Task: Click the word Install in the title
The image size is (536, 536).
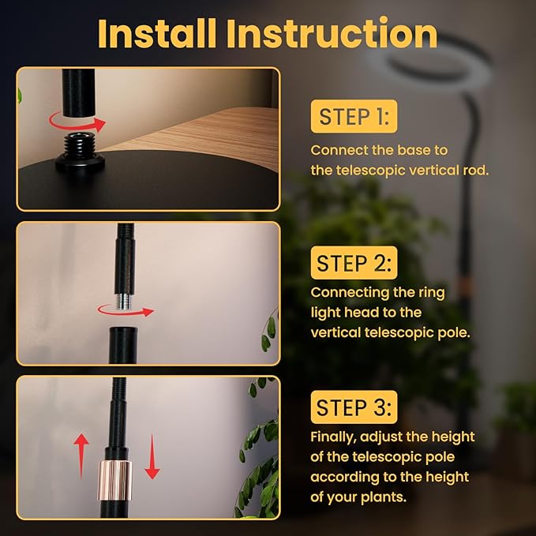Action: coord(157,33)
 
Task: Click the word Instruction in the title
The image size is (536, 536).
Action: coord(332,33)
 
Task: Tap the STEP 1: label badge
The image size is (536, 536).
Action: coord(354,117)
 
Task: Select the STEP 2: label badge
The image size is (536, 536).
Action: coord(354,263)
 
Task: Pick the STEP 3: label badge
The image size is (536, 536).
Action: coord(354,407)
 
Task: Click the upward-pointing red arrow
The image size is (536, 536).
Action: coord(81,455)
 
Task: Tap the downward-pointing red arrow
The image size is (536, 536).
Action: coord(152,457)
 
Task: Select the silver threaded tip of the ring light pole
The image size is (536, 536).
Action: coord(123,302)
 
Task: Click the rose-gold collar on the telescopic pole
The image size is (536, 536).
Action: coord(115,480)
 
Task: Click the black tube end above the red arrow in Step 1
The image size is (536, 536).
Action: coord(78,93)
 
